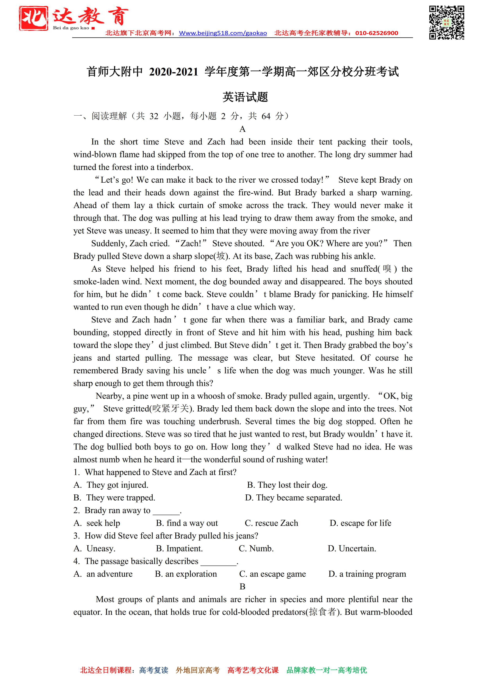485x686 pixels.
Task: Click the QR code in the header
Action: [446, 22]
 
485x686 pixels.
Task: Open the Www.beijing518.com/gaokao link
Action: [223, 33]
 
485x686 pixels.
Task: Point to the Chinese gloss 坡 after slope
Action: [221, 256]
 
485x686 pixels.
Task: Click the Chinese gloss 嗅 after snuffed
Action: [387, 269]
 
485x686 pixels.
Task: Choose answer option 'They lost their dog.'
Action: [292, 485]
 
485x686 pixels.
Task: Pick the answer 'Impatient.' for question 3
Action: [184, 549]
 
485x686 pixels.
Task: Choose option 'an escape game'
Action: [278, 574]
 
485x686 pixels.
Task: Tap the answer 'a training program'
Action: [372, 574]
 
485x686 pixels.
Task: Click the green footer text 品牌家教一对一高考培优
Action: [327, 670]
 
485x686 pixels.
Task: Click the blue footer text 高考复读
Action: [154, 670]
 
